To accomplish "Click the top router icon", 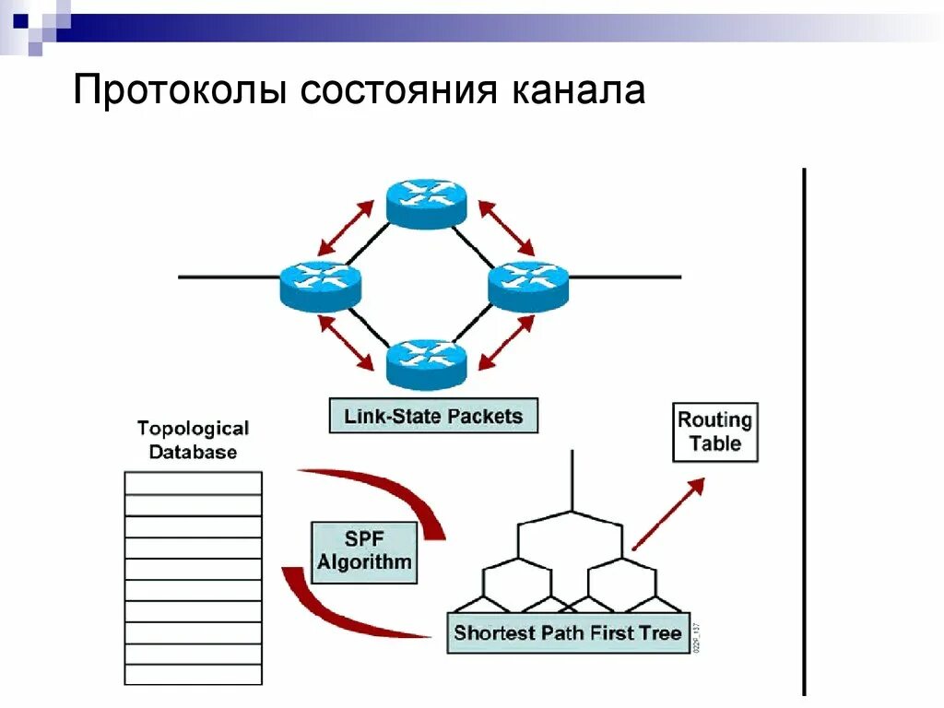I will (426, 201).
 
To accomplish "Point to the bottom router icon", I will (426, 362).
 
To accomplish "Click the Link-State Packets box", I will (432, 416).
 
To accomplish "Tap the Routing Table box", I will (715, 432).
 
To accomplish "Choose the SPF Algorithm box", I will (364, 552).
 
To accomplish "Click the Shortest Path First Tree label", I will (567, 633).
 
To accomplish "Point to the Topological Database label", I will (193, 440).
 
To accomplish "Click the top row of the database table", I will (194, 484).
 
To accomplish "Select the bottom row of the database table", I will (194, 674).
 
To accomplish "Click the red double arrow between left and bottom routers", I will (351, 343).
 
